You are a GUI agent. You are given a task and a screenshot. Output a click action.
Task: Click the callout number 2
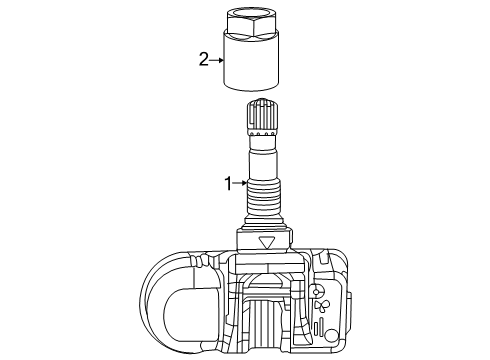point(203,60)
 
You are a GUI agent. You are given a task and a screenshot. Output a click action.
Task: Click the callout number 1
point(228,183)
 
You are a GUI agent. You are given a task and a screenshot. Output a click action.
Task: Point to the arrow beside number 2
point(215,60)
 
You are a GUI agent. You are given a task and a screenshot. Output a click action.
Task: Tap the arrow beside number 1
point(240,183)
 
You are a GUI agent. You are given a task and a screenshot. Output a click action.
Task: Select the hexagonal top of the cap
point(253,22)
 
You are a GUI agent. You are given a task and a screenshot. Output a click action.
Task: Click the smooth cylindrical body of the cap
point(254,66)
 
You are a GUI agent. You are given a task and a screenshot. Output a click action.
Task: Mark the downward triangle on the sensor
point(265,242)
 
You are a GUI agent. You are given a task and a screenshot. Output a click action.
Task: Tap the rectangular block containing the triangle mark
point(264,243)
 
